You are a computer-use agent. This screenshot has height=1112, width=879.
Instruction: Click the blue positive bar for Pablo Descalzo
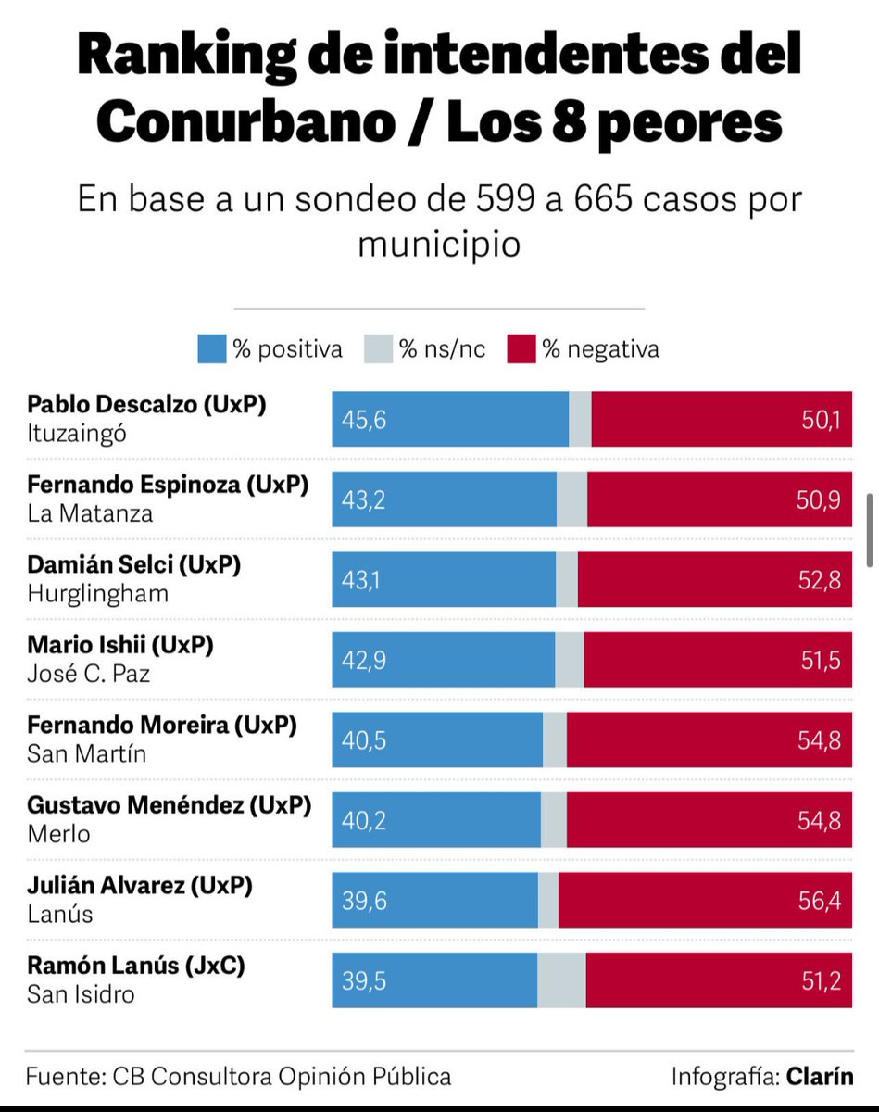tap(450, 420)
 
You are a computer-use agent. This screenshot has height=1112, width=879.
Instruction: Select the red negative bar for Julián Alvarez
tap(704, 901)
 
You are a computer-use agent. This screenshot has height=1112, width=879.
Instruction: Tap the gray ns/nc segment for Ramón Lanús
tap(561, 980)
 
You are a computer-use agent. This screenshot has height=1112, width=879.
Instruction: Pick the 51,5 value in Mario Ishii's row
tap(822, 661)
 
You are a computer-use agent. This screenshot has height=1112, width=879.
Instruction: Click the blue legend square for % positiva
tap(211, 349)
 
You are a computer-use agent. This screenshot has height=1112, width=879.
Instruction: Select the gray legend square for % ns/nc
tap(378, 349)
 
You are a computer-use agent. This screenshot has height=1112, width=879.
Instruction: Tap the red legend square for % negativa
tap(521, 349)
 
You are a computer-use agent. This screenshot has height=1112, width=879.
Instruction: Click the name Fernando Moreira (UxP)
tap(162, 726)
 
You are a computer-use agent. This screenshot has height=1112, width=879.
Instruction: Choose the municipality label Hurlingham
tap(97, 593)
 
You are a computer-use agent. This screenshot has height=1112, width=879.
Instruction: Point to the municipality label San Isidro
tap(81, 994)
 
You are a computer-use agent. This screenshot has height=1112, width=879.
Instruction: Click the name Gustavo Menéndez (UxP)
tap(169, 805)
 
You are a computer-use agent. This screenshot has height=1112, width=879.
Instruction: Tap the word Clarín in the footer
tap(820, 1077)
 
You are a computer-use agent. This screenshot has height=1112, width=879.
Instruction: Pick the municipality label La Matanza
tap(90, 513)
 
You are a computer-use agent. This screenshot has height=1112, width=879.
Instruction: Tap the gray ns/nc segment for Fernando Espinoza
tap(571, 500)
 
